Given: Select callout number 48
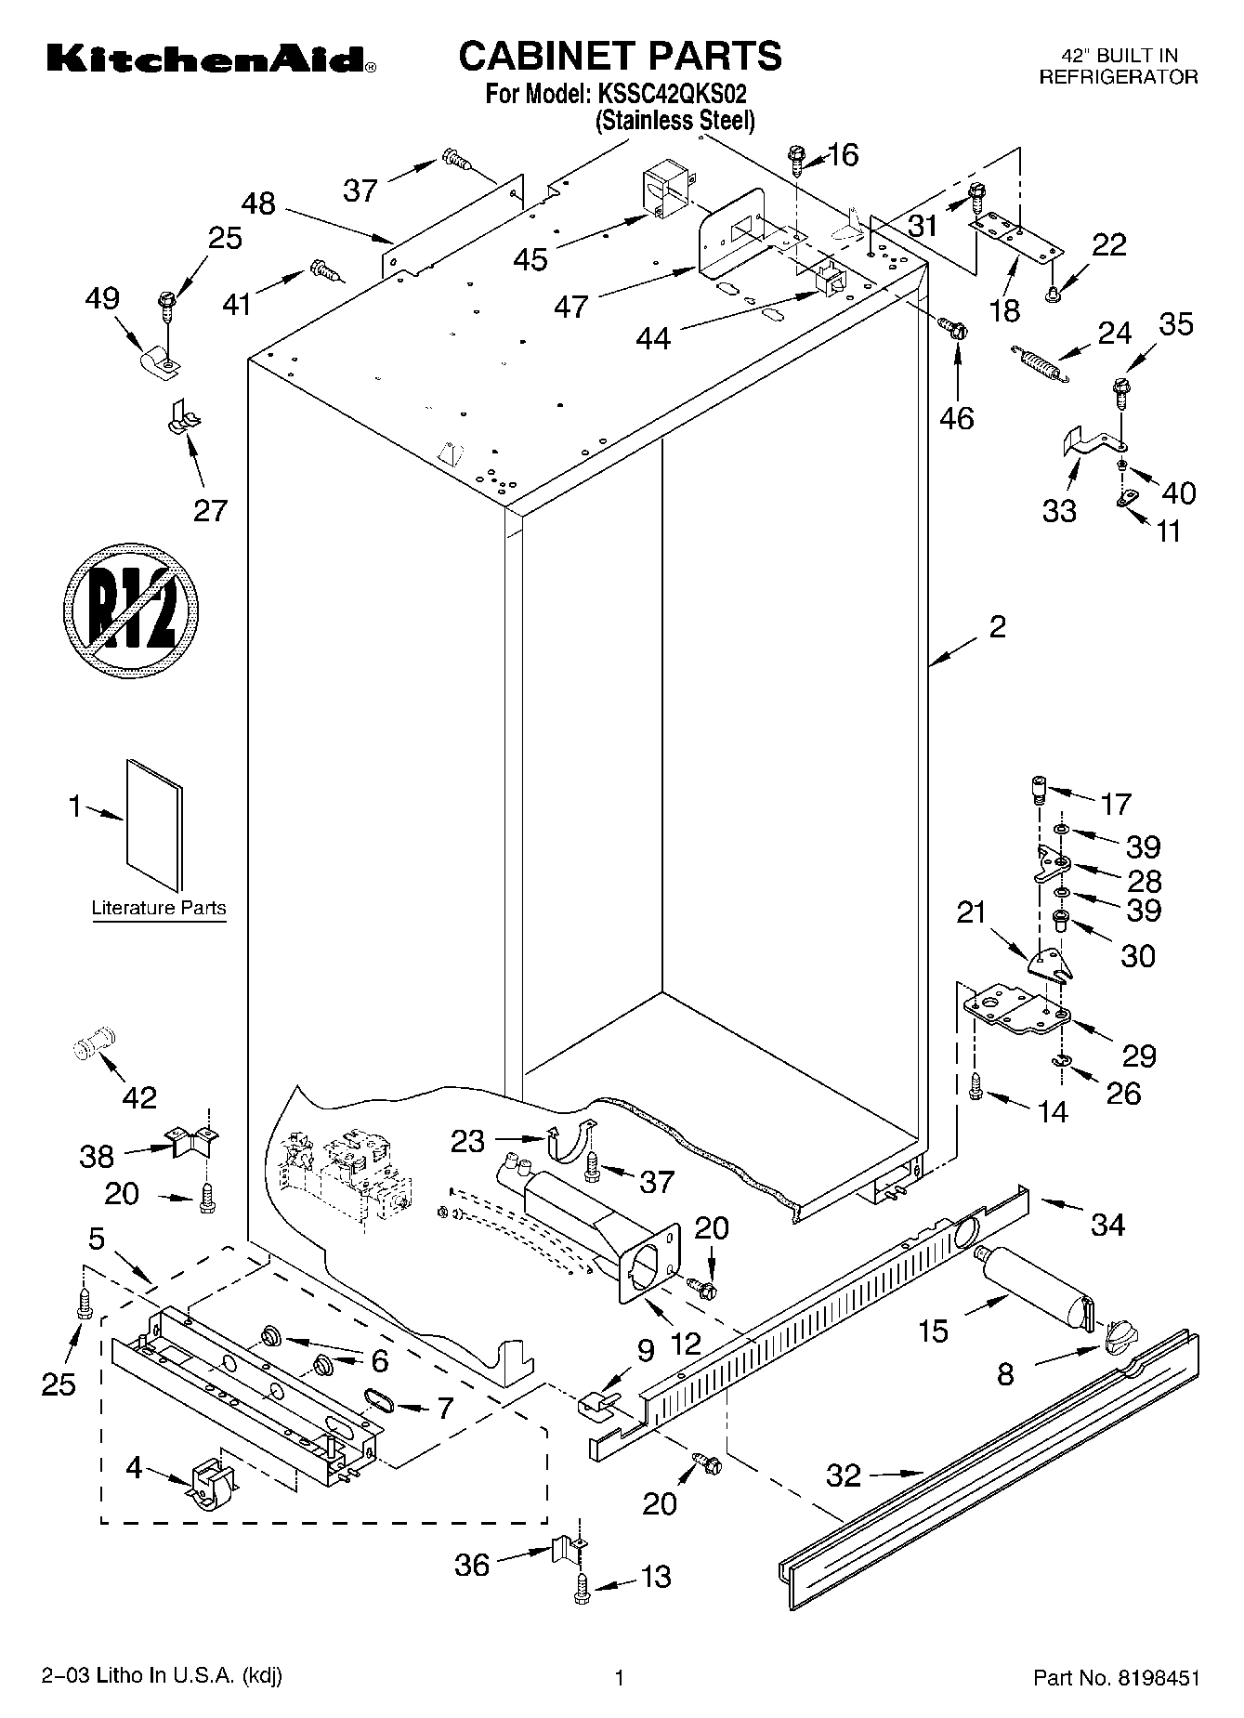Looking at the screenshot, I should coord(259,203).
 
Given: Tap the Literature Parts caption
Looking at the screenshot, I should coord(159,908).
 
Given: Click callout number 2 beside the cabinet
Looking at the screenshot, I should coord(997,627).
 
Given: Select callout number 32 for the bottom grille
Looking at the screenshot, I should coord(844,1475).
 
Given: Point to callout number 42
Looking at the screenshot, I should coord(139,1097).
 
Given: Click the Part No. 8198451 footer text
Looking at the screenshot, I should coord(1116,1678).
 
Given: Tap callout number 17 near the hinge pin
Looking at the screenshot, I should coord(1116,803).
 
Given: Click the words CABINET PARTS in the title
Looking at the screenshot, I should coord(621,56).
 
